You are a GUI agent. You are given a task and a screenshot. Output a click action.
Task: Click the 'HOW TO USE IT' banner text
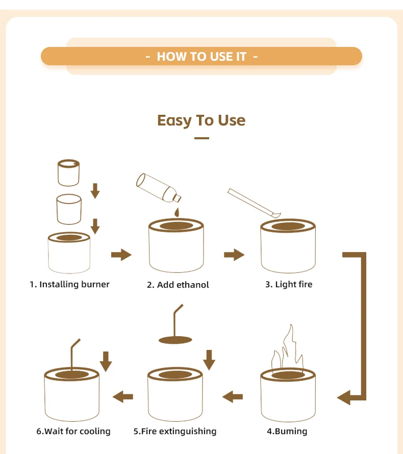click(202, 57)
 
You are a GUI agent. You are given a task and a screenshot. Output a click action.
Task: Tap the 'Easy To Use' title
click(201, 120)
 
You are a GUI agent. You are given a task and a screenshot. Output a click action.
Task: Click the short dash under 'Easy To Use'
click(202, 138)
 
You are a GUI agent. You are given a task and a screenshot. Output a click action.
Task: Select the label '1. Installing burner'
click(69, 284)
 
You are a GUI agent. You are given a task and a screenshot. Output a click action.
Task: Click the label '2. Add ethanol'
click(178, 285)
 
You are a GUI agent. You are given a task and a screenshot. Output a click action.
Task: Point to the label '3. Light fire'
click(289, 284)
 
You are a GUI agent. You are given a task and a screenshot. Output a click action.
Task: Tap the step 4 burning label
click(287, 432)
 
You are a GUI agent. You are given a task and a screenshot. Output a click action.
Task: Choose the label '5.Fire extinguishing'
click(175, 432)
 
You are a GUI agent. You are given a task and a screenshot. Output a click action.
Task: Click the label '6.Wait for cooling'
click(73, 432)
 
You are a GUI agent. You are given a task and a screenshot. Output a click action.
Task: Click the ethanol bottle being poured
click(158, 188)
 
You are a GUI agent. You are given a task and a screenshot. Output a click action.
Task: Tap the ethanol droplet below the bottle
click(177, 212)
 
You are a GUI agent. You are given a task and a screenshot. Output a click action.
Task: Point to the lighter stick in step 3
click(254, 203)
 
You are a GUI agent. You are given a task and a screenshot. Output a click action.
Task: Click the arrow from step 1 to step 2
click(121, 255)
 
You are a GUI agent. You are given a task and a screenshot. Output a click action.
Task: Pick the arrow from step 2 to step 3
click(234, 255)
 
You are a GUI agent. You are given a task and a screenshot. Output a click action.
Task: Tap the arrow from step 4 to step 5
click(233, 397)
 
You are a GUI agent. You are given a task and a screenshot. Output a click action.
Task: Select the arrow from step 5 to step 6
click(123, 397)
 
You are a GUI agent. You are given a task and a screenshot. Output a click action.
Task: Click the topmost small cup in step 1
click(69, 172)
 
